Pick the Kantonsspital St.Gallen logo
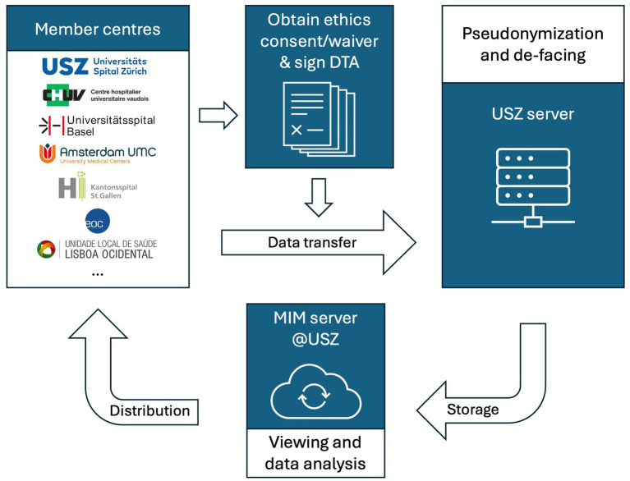coord(99,188)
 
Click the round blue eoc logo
coord(98,219)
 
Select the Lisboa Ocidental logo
coord(99,249)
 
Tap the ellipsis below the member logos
coord(98,274)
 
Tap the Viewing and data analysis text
coord(318,454)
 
